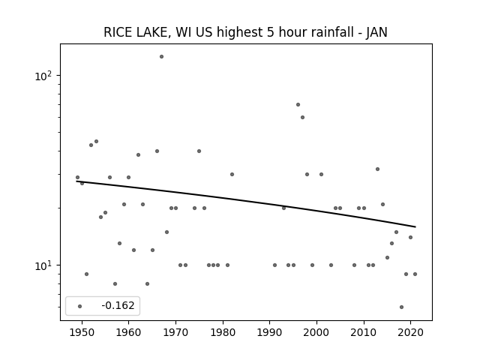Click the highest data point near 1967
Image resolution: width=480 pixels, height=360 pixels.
162,57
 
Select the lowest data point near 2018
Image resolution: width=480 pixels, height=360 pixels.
402,307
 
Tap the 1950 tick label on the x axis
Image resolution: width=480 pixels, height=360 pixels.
82,333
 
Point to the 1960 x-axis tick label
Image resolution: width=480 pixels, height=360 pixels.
128,333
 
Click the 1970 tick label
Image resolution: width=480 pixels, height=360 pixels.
175,333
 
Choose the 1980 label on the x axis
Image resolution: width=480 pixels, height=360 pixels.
223,333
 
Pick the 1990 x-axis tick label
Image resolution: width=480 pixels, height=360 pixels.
270,333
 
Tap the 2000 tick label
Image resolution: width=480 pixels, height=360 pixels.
316,333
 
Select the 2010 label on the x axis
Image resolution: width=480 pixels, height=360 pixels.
364,333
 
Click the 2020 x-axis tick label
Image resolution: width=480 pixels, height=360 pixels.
411,333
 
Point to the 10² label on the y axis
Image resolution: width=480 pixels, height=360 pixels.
43,76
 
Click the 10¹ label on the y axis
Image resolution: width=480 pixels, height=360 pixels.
43,265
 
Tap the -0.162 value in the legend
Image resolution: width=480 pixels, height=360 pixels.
118,305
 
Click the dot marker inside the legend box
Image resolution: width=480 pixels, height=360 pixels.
80,306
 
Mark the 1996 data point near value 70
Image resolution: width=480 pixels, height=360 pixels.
298,105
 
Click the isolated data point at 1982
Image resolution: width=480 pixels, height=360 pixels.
232,175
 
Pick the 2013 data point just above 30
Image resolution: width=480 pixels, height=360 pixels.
378,169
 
